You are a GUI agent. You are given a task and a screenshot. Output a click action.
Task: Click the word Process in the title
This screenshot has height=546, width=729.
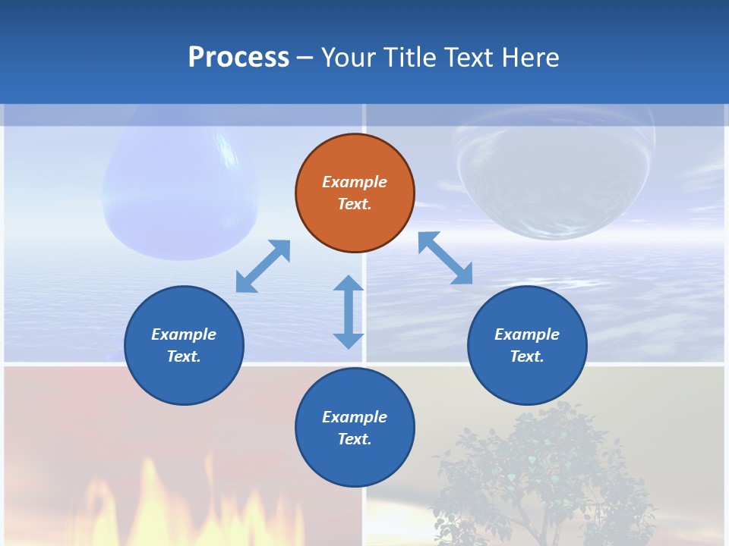click(238, 58)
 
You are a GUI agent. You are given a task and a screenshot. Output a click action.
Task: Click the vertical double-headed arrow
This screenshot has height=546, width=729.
click(349, 312)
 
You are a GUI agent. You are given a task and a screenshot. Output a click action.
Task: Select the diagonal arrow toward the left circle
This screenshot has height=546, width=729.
click(263, 266)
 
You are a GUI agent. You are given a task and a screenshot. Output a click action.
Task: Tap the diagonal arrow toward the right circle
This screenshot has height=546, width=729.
click(446, 259)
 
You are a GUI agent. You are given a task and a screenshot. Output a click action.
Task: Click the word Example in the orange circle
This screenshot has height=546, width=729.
click(355, 182)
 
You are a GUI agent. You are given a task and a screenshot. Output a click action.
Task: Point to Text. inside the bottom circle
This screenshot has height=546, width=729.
click(355, 439)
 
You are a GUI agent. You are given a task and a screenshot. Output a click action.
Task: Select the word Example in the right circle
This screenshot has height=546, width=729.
click(527, 334)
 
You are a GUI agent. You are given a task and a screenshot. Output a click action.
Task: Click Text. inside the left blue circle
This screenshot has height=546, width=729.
click(184, 356)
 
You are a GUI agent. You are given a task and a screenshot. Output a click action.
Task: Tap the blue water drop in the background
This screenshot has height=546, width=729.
click(180, 190)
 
